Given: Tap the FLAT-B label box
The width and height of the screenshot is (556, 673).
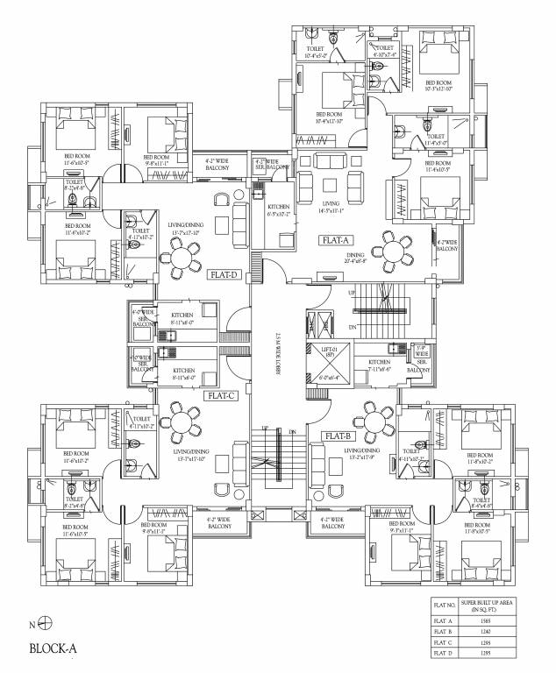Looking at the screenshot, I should [x=339, y=436].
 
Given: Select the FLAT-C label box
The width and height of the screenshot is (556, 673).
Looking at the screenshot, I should [x=219, y=395].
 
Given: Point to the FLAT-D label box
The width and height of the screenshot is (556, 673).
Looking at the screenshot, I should [x=224, y=274].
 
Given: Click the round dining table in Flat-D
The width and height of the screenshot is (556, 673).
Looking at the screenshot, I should [x=185, y=257].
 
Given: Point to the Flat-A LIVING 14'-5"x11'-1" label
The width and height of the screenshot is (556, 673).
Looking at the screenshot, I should [x=331, y=208].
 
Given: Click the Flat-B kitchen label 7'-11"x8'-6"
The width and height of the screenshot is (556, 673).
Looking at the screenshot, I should [x=379, y=365].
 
